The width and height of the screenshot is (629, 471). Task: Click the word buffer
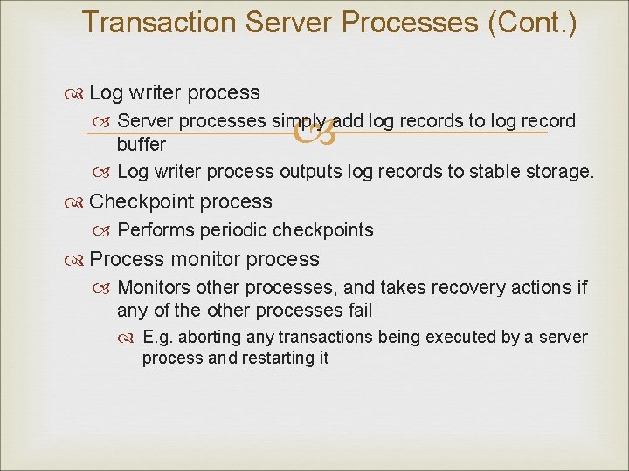(x=142, y=144)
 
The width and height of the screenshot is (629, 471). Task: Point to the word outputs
(x=311, y=172)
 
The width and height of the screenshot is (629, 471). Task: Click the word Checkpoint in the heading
(x=142, y=201)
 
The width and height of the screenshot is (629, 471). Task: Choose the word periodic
(x=235, y=230)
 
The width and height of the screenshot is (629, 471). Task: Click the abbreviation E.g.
(x=159, y=338)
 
